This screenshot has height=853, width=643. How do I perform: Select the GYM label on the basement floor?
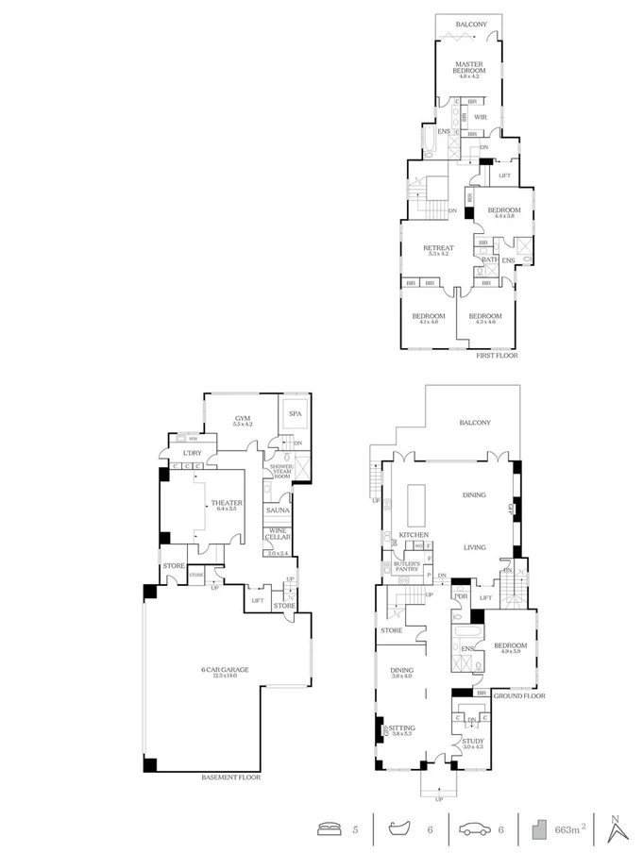coord(242,418)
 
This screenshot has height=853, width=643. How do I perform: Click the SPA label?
coord(295,414)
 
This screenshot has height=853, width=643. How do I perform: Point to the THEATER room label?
coord(227,505)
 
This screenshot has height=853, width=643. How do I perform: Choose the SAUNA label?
coord(277,510)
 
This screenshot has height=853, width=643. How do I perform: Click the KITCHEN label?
coord(414,535)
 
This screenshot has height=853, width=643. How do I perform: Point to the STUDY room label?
coord(472,743)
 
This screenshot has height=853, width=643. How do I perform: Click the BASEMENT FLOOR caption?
coord(230,778)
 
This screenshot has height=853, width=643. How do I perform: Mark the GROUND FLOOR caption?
coord(520,695)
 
